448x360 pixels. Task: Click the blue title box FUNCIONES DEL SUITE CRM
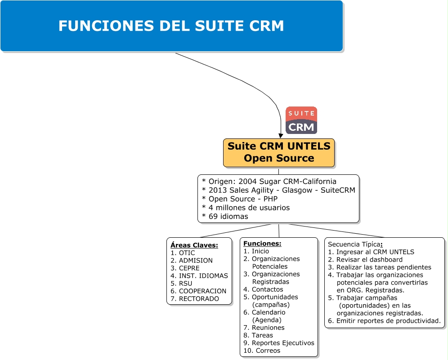click(x=171, y=26)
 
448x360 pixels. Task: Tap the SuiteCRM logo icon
click(x=301, y=120)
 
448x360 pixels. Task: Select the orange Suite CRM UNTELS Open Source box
click(x=279, y=153)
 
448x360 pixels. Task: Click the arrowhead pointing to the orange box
click(x=281, y=135)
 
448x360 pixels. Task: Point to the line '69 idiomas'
click(x=225, y=216)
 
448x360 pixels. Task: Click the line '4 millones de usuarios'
click(x=246, y=208)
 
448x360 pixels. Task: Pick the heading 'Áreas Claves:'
click(x=194, y=245)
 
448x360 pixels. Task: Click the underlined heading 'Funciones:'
click(x=262, y=244)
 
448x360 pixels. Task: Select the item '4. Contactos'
click(x=263, y=289)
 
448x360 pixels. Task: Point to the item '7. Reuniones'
click(x=264, y=328)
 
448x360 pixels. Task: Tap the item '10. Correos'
click(x=262, y=351)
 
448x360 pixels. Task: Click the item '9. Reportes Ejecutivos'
click(x=279, y=343)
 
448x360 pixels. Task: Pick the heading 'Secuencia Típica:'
click(x=355, y=244)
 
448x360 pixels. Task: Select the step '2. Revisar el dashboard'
click(x=365, y=259)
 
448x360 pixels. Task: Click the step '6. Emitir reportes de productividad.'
click(x=384, y=320)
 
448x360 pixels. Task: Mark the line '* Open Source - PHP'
click(x=240, y=199)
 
